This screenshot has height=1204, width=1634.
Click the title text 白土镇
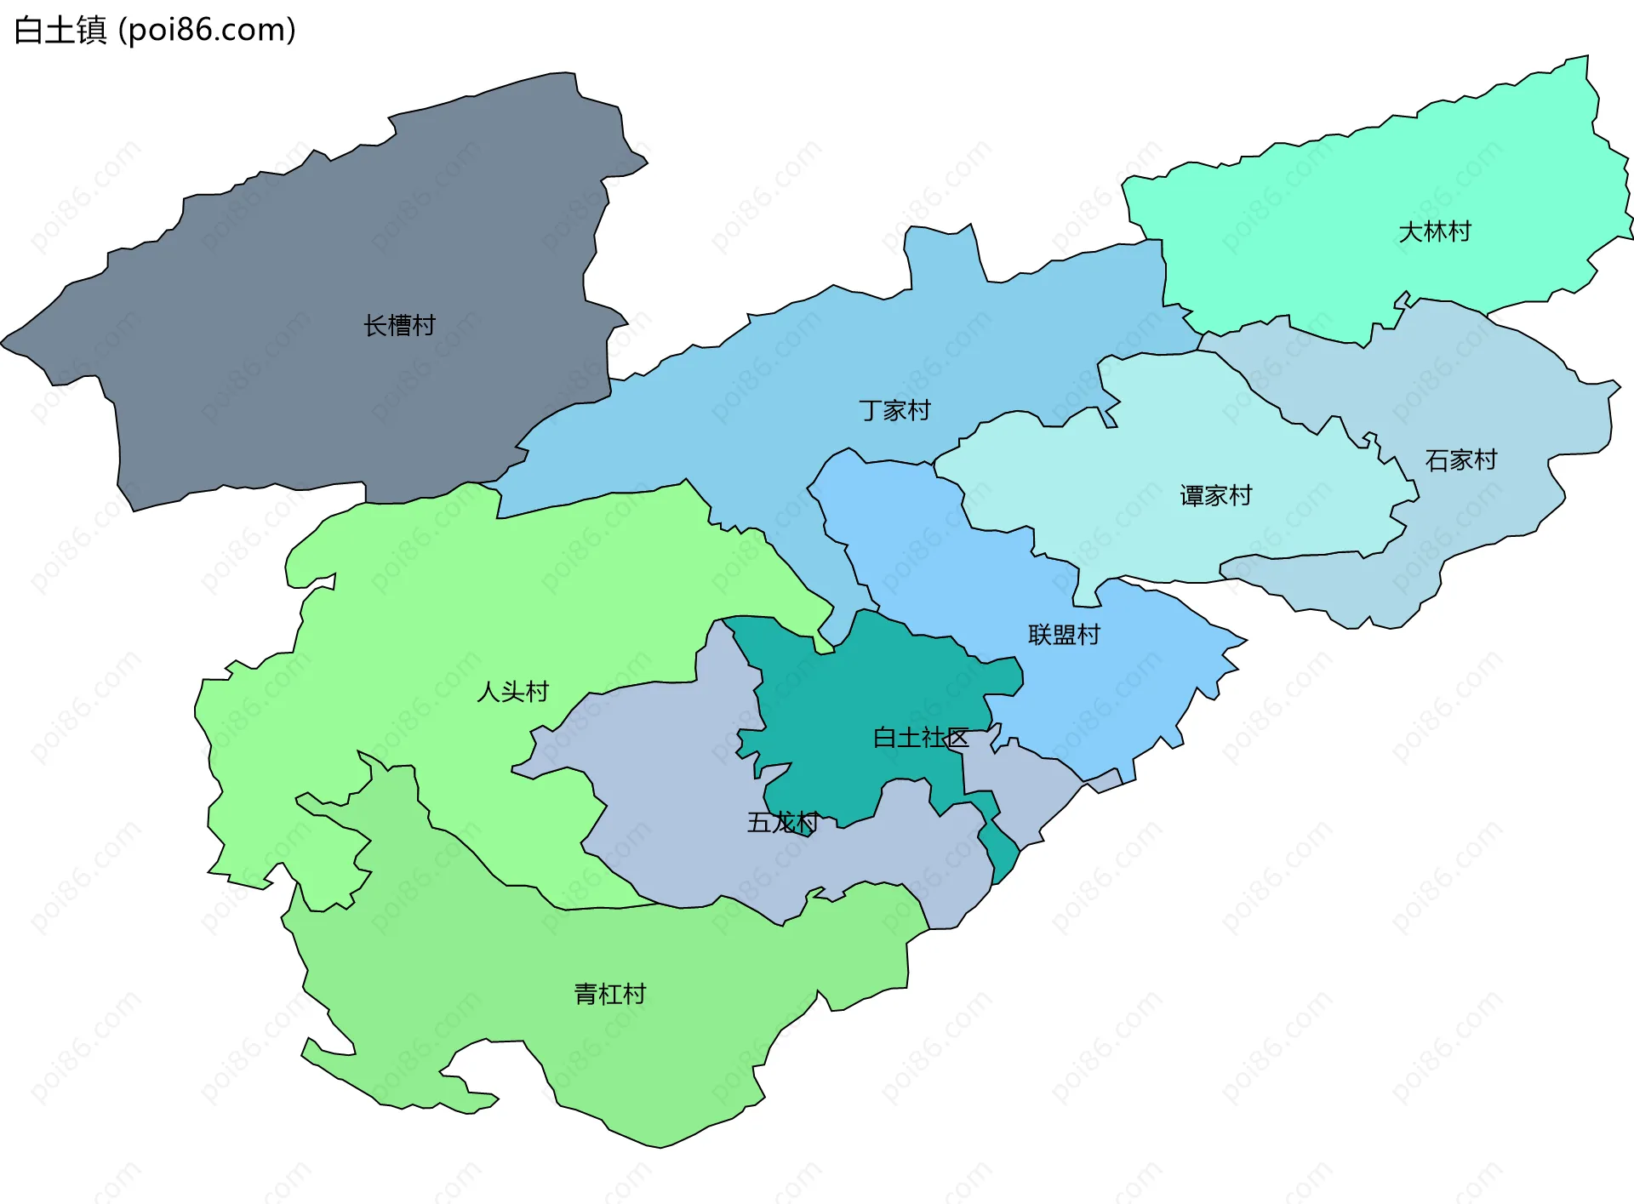[60, 31]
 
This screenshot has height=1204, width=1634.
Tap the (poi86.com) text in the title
[207, 31]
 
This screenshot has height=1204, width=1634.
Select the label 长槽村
[399, 325]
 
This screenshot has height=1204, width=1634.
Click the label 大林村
[1435, 231]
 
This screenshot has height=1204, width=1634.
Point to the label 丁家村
[894, 411]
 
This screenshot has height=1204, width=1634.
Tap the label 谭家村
[1216, 496]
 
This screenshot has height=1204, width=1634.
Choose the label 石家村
[1461, 460]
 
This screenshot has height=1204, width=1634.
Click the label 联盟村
[1064, 635]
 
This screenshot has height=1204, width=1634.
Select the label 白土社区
[921, 738]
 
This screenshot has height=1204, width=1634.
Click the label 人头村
[512, 692]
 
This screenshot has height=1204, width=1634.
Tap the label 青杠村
[610, 994]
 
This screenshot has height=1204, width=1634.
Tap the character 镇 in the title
[92, 31]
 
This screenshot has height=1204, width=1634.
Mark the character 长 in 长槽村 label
[375, 325]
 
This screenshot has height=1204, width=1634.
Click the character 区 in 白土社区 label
[957, 738]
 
